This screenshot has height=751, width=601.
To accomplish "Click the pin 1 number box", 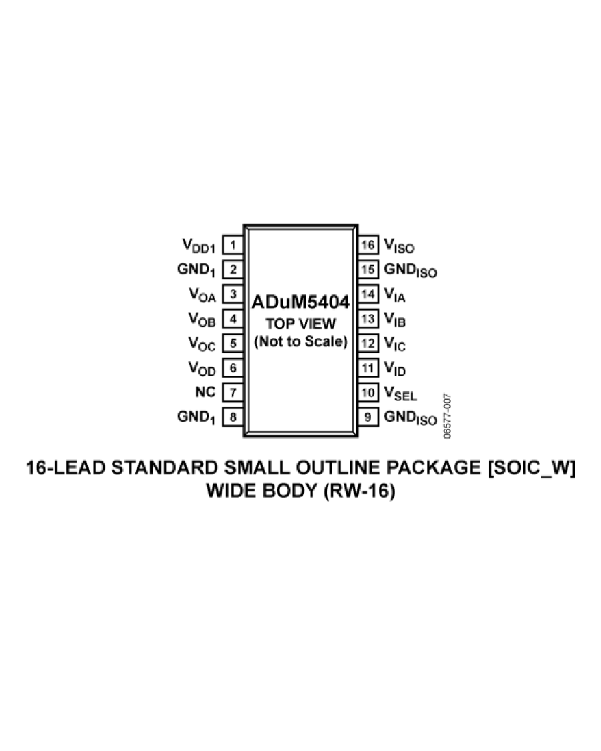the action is tap(233, 245).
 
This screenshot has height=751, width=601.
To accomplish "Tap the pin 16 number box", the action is tap(368, 245).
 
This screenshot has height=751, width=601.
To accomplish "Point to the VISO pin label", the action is tap(399, 246).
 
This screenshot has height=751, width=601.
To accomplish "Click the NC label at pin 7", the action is tap(206, 392).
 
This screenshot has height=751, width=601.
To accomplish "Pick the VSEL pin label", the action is tap(400, 394).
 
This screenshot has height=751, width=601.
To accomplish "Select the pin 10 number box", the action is tap(368, 393).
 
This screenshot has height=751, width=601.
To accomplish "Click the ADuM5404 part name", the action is tap(300, 302).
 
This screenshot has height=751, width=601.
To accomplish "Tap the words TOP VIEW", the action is tap(300, 324).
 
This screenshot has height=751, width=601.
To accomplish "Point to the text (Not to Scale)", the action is tap(300, 342).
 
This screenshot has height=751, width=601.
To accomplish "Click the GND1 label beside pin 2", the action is tap(196, 270).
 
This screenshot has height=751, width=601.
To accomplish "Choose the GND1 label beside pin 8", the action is tap(196, 418).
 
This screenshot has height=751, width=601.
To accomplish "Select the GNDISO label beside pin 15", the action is tap(410, 270).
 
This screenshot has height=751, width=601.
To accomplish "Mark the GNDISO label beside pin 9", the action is tap(410, 418).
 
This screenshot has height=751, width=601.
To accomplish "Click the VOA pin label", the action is tap(202, 295).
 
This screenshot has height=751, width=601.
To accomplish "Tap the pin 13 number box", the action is tap(368, 319).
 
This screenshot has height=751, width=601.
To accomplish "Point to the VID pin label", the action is tap(395, 368).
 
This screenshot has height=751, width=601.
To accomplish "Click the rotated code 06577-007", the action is tap(447, 416).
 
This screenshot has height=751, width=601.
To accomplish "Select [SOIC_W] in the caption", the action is tap(532, 468).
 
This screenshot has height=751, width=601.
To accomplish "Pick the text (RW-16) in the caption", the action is tap(359, 491).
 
